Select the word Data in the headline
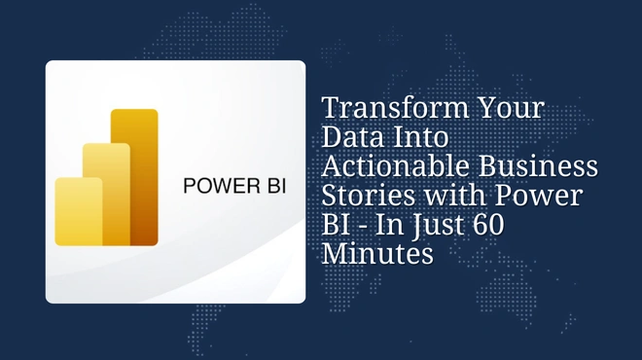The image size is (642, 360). pyautogui.click(x=351, y=137)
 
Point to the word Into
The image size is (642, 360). pyautogui.click(x=420, y=137)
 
